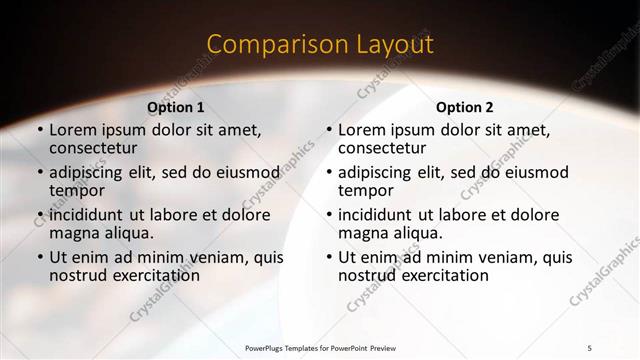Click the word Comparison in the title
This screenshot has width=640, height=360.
point(266,44)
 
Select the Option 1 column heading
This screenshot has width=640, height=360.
point(176,107)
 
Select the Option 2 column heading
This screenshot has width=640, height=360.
point(465,107)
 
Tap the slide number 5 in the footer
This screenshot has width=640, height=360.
point(590,347)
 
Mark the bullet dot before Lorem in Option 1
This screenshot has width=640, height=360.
point(39,130)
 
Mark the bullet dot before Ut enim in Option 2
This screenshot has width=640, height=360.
point(328,257)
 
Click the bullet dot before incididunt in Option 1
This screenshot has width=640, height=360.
point(39,215)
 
